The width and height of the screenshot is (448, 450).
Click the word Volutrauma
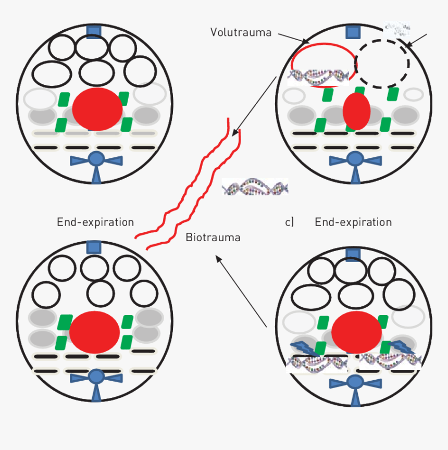coord(241,32)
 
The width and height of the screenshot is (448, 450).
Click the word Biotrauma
coord(213,238)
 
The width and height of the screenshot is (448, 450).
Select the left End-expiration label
coord(95,222)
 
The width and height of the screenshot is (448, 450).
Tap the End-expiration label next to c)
coord(353,222)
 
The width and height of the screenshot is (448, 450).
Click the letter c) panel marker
coord(290,222)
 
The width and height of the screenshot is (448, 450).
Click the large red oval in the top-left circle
coord(97,109)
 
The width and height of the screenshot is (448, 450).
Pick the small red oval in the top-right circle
coord(356,111)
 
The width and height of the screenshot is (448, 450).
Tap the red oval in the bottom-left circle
coord(95,331)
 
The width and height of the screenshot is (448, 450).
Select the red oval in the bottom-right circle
coord(357,332)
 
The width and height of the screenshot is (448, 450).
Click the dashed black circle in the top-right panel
coord(382,63)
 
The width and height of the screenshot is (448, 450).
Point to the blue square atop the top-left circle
coord(94,31)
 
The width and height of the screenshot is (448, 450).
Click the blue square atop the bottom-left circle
coord(94,247)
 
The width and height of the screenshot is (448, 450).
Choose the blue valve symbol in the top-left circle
coord(96,162)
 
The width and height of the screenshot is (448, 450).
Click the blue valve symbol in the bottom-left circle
coord(96,379)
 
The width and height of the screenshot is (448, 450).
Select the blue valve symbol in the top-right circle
coord(355,162)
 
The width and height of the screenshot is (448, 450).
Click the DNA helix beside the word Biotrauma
coord(255,186)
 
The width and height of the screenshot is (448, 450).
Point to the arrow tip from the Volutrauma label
coord(309,42)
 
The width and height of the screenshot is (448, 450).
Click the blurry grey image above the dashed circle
coord(397,29)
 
